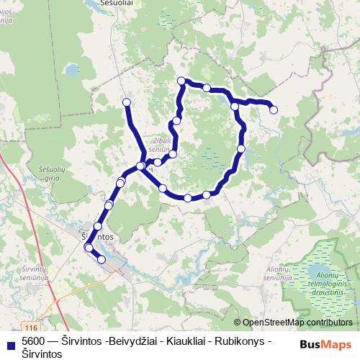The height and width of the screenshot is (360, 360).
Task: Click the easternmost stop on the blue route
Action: (x=274, y=109)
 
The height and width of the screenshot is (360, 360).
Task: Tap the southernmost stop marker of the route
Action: (x=102, y=259)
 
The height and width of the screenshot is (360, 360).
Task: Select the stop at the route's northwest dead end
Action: (x=127, y=102)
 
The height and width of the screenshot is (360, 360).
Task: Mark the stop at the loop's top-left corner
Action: (x=181, y=81)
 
